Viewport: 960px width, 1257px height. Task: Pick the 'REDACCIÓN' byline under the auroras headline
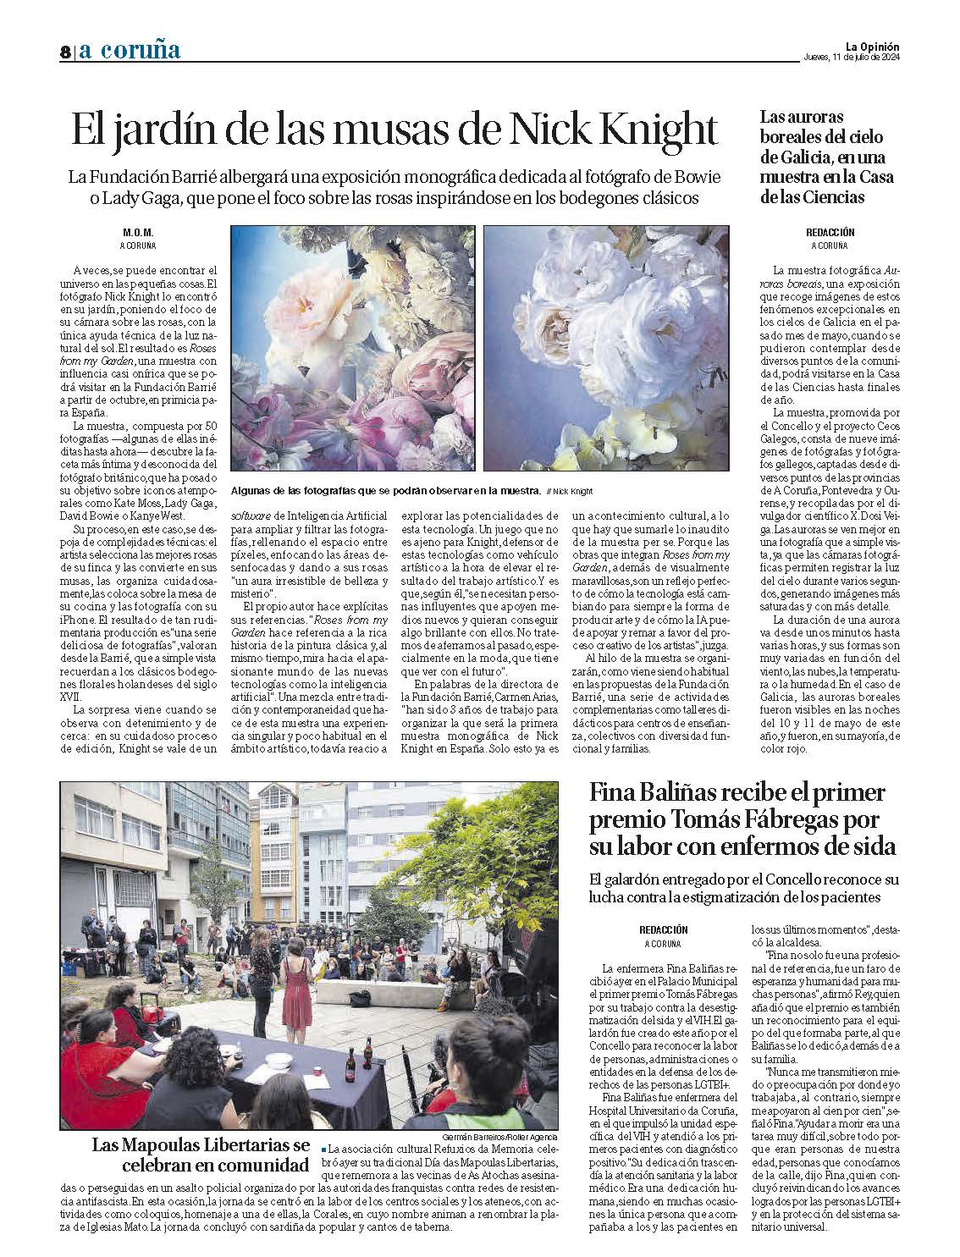(830, 232)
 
